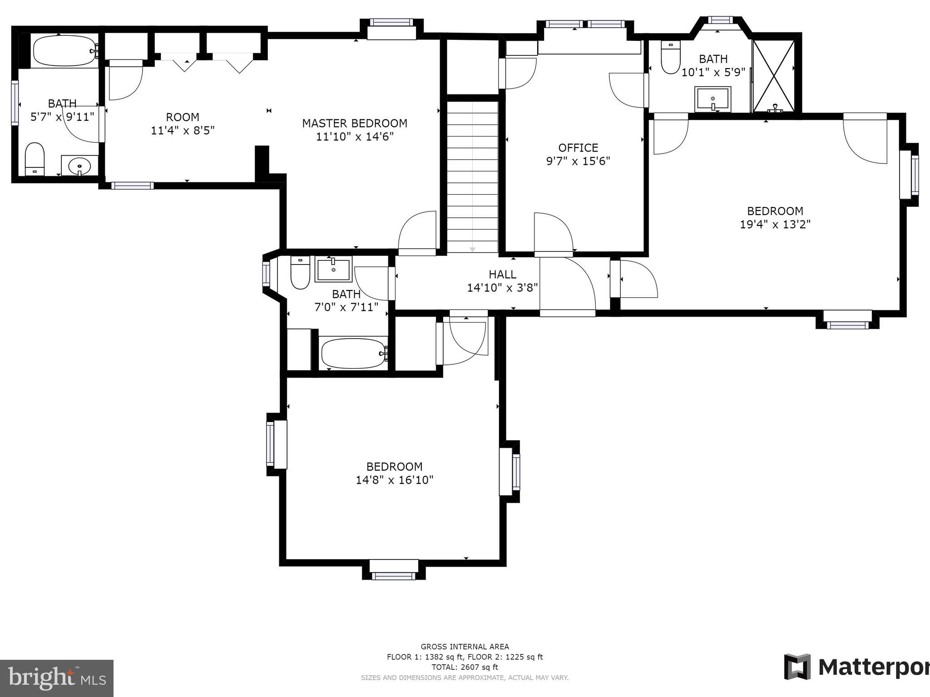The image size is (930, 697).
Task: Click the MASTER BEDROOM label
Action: [x=355, y=123]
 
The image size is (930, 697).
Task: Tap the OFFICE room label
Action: [x=578, y=148]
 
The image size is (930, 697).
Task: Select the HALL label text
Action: [x=502, y=274]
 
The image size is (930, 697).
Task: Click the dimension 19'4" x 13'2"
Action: [x=775, y=225]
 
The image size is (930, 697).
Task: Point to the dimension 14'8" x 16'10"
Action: [x=394, y=480]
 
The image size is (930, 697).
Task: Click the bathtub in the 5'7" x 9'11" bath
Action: [x=64, y=51]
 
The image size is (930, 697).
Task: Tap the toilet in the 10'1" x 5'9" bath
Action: [x=670, y=58]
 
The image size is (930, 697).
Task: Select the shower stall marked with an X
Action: [x=774, y=76]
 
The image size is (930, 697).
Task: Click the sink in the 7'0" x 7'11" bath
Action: [x=334, y=269]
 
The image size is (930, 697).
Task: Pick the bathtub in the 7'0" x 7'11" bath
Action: [x=353, y=353]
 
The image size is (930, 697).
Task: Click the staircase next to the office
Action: [x=472, y=177]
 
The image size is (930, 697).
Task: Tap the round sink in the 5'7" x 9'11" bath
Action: [x=80, y=166]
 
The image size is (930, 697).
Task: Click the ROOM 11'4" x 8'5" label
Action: [x=183, y=124]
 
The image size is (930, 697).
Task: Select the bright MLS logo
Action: [x=57, y=678]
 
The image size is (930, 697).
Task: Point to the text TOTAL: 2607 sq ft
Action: [x=465, y=667]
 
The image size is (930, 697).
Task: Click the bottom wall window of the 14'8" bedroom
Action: [x=394, y=576]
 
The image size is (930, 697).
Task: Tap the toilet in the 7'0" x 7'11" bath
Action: [x=300, y=273]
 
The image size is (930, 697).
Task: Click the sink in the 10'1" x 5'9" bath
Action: [x=712, y=99]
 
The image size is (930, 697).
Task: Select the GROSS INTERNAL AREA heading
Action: [x=465, y=647]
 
